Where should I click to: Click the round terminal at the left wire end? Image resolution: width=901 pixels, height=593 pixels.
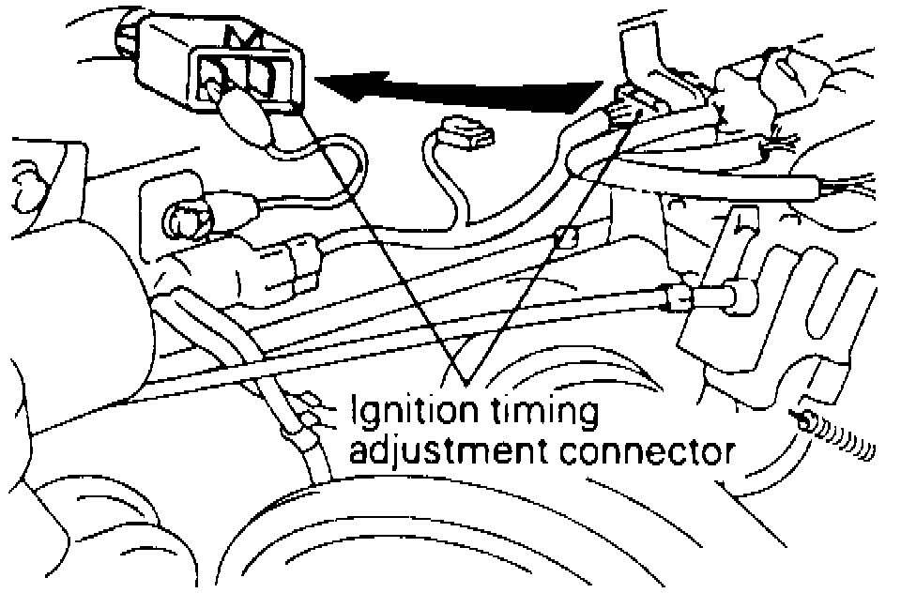pos(184,220)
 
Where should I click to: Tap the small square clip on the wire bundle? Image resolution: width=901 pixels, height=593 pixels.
pos(565,236)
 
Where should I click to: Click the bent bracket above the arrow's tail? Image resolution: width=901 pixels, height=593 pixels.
pos(643,52)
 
